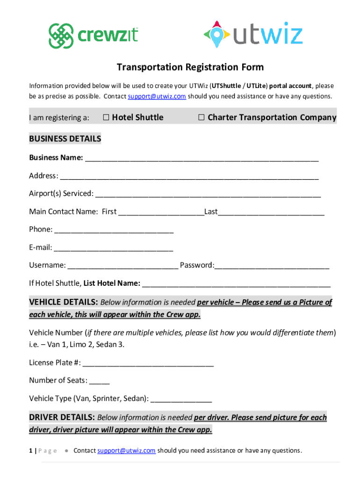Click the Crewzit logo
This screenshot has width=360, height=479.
pos(94,36)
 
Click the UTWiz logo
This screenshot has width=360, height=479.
pos(253,36)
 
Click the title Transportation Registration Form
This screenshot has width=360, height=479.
pos(190,67)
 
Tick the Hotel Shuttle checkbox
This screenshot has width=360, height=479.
pos(106,117)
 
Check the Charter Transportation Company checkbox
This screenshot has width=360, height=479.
pos(201,117)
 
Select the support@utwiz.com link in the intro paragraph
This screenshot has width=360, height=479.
pos(157,96)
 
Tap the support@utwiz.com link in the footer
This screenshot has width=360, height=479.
pos(126,450)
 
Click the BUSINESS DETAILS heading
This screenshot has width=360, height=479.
pos(65,139)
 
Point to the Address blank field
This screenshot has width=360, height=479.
pos(189,176)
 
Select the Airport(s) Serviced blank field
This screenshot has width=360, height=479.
pos(208,194)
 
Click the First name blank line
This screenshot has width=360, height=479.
pos(161,212)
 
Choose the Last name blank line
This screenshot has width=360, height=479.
pos(271,212)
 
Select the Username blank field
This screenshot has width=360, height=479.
pos(123,265)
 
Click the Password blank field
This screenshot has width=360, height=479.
pos(272,265)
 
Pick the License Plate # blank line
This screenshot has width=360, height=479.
pos(148,363)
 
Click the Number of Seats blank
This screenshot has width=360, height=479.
pos(100,380)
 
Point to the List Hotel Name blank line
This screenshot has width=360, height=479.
pos(237,283)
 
